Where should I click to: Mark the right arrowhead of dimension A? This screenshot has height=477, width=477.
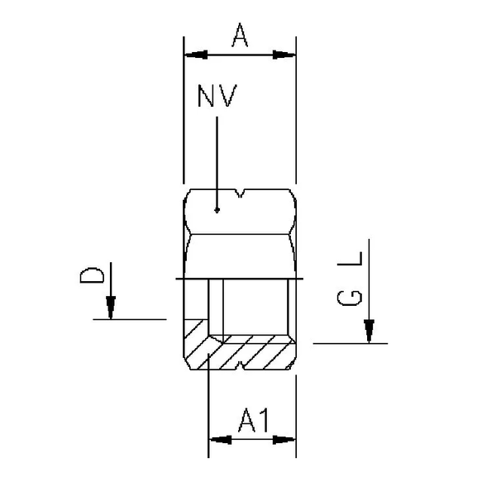tap(284, 55)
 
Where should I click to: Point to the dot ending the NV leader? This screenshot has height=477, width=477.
tap(217, 210)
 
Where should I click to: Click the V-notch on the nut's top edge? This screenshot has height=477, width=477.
tap(240, 195)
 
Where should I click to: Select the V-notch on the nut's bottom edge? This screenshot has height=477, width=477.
tap(240, 365)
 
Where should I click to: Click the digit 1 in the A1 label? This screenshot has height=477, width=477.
tap(263, 422)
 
